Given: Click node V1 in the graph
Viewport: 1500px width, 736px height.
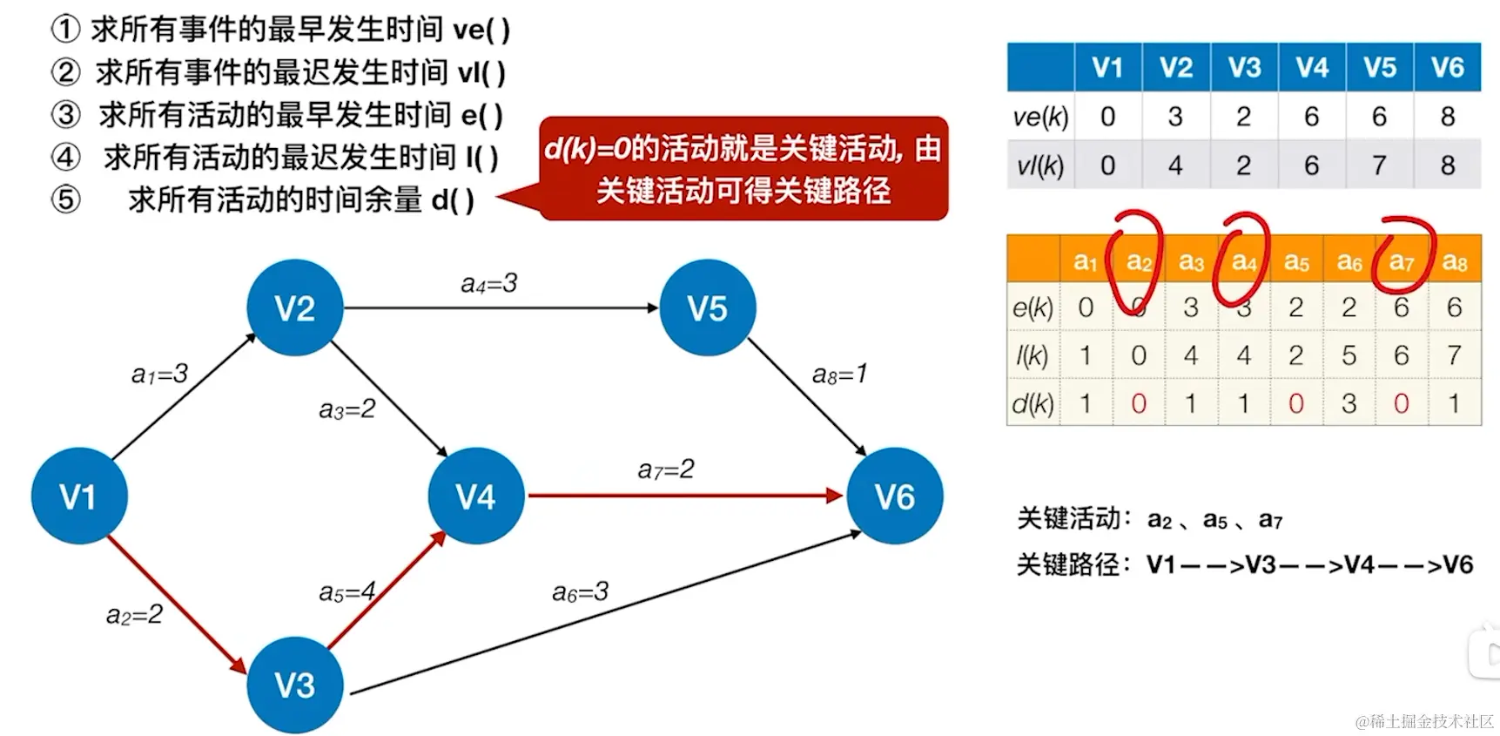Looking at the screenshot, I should [x=79, y=496].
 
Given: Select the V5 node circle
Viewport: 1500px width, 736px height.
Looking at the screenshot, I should [x=707, y=308].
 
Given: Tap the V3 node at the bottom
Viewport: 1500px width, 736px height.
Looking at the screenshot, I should [x=295, y=685].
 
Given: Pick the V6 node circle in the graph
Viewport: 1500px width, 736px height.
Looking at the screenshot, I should [x=894, y=496].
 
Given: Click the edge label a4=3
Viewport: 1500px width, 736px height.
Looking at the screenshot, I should [x=488, y=283].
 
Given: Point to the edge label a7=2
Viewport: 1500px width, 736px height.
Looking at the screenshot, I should [x=666, y=469].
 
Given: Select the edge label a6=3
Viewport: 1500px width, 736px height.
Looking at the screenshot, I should [x=580, y=592].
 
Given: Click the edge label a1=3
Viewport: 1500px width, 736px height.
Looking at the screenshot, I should [x=159, y=374].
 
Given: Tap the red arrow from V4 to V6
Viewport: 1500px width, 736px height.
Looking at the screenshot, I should [x=683, y=496].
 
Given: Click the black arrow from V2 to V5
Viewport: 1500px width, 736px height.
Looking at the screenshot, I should [x=501, y=307].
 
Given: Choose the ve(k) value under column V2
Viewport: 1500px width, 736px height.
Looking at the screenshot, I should [x=1175, y=116].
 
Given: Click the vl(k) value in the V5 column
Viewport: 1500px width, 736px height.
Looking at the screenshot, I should [x=1379, y=165].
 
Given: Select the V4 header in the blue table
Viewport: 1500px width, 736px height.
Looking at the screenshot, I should [x=1312, y=67].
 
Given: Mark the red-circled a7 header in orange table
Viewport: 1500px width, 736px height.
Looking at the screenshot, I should [x=1402, y=261].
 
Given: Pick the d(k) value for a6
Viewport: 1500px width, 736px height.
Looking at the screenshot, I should [x=1349, y=403].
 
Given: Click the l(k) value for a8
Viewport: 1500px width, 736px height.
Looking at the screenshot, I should [x=1454, y=355].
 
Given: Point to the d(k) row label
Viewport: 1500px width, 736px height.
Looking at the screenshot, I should [x=1033, y=403].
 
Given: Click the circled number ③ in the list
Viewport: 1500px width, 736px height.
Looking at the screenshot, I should [x=65, y=114].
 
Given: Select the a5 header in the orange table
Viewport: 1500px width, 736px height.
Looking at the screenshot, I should [x=1296, y=261].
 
